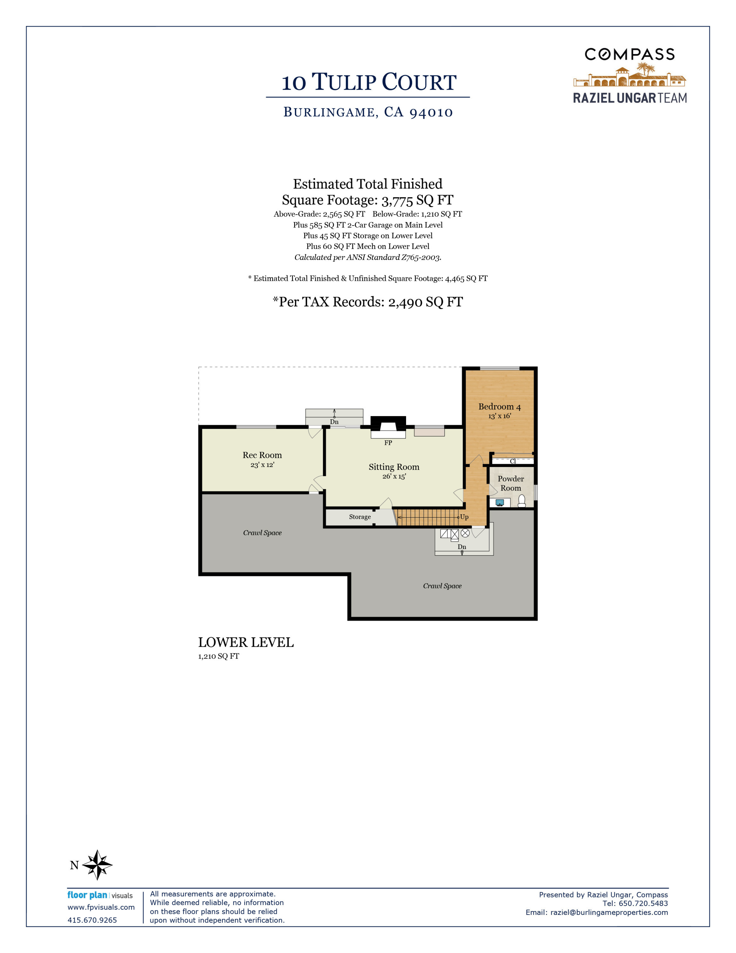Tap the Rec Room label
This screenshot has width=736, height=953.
coord(262,455)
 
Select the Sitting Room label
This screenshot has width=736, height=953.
coord(394,467)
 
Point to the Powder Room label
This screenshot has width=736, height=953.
coord(511,483)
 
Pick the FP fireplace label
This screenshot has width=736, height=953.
coord(388,443)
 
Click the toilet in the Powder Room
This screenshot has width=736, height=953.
coord(521,501)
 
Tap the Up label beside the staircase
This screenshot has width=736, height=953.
coord(464,517)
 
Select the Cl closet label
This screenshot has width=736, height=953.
coord(513,461)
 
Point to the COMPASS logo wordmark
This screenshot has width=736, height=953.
coord(630,55)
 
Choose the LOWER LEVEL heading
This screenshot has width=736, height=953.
coord(246,643)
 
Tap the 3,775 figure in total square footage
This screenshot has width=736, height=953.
coord(397,201)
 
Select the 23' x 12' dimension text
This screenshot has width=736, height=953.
coord(262,465)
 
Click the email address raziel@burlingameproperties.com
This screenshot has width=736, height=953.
coord(609,912)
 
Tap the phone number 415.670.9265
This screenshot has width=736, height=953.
coord(92,920)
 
